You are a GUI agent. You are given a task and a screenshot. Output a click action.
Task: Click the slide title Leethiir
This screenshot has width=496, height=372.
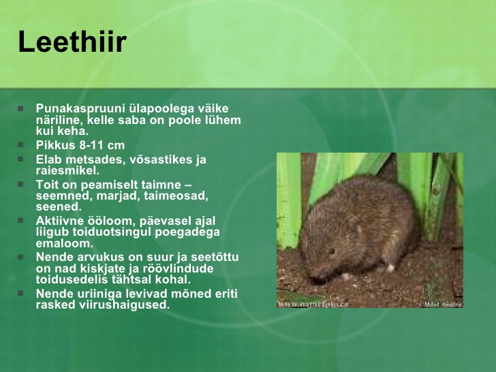tap(72, 42)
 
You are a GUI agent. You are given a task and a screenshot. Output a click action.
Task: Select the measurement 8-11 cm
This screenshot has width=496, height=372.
tap(102, 145)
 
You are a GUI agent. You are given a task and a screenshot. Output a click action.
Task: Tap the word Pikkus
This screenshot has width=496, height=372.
tap(56, 145)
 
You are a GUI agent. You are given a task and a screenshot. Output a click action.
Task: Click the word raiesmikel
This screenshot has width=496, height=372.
tap(67, 170)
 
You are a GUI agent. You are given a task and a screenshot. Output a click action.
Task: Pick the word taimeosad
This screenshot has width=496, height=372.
tap(176, 196)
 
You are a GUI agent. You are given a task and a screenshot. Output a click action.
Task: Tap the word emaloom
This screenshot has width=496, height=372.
tap(65, 244)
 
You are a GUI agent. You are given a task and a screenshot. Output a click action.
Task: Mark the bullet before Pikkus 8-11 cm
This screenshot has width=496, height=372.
tap(21, 145)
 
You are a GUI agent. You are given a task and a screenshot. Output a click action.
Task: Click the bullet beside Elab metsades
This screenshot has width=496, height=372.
tap(21, 159)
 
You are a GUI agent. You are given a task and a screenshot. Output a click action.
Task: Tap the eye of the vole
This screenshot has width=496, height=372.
tap(331, 251)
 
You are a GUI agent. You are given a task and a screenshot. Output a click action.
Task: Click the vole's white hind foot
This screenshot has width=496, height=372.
tap(390, 268)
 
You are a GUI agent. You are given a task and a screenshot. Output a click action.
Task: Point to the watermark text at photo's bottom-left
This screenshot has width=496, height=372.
tap(313, 304)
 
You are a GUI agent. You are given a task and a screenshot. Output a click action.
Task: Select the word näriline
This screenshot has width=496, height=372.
tap(59, 120)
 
